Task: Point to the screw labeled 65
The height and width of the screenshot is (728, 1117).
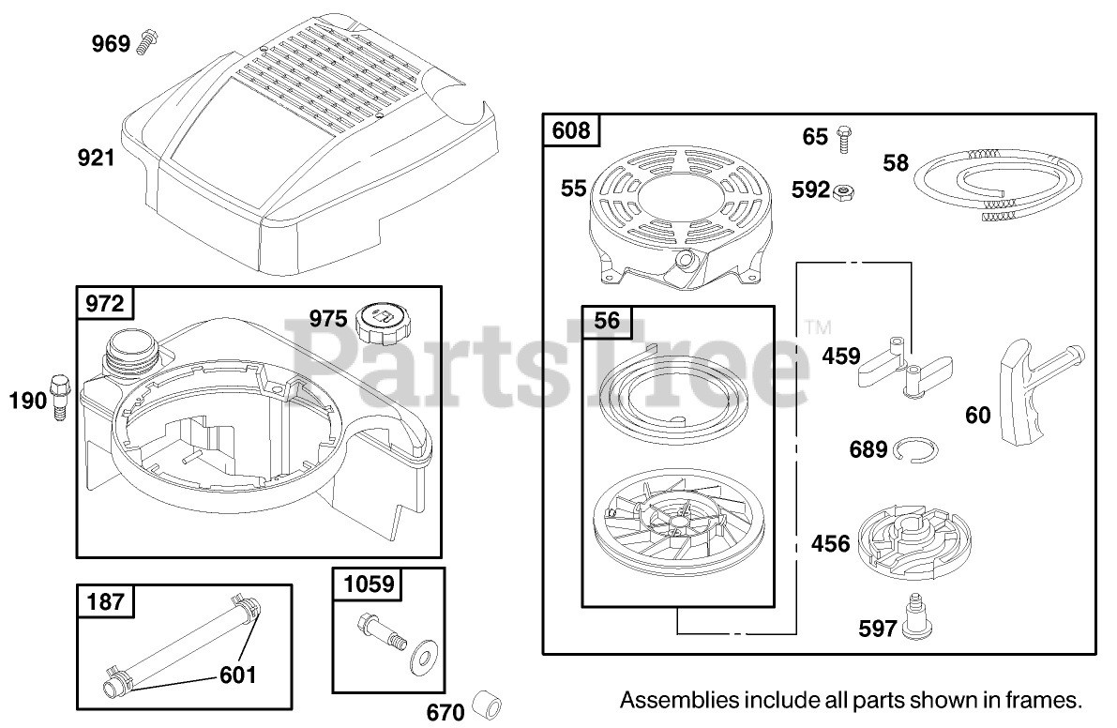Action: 842,138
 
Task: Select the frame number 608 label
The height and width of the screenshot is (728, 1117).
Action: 571,130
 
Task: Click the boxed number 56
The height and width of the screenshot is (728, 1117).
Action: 608,321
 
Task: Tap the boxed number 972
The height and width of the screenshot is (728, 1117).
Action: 104,303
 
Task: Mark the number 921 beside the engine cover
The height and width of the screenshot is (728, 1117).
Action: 96,158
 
